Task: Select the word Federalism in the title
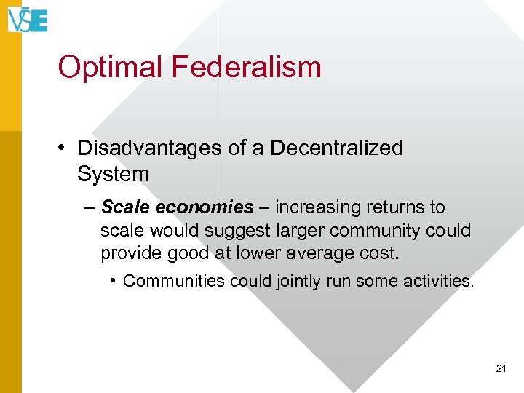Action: coord(247,67)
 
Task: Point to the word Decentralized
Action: coord(336,148)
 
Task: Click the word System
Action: coord(113,175)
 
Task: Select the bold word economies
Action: coord(205,207)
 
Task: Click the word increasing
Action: coord(314,207)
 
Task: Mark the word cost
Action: coord(383,254)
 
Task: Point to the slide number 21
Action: coord(501,369)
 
